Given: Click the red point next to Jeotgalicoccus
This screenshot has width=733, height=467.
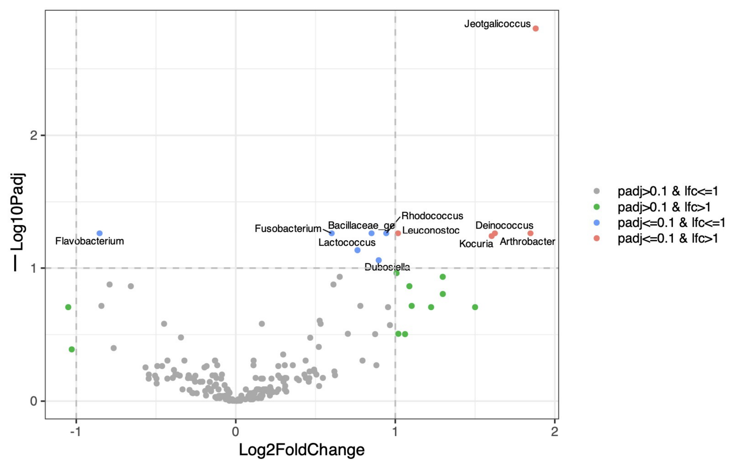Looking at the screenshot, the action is point(536,28).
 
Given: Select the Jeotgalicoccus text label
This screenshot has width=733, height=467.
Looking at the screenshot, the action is point(497,24).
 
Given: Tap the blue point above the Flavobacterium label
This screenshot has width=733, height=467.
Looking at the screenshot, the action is point(99,233).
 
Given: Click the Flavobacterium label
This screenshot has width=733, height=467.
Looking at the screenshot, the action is point(90,241).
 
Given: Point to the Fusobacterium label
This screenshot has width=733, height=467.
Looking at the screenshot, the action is point(288,229).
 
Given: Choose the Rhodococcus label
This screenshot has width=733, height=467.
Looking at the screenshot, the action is point(432,216).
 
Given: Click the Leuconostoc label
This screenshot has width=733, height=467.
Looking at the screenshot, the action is point(431,230).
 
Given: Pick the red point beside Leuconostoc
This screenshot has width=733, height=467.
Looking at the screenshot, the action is point(398,233).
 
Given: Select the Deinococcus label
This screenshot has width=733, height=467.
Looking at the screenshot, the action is point(504,226).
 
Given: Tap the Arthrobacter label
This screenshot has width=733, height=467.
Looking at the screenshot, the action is point(527,241).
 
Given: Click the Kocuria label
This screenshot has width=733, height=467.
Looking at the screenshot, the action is point(476,244).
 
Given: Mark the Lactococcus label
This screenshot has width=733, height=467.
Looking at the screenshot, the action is point(347,243).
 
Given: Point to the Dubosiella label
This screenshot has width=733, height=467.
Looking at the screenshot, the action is point(387,267).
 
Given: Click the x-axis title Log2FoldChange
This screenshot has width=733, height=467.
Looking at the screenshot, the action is point(302,450).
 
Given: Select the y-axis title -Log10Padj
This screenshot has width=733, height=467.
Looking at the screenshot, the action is point(18,222).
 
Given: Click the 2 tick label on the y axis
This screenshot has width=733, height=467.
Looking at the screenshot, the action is point(34,135).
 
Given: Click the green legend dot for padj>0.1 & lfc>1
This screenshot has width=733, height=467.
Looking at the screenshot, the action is point(597,207).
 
